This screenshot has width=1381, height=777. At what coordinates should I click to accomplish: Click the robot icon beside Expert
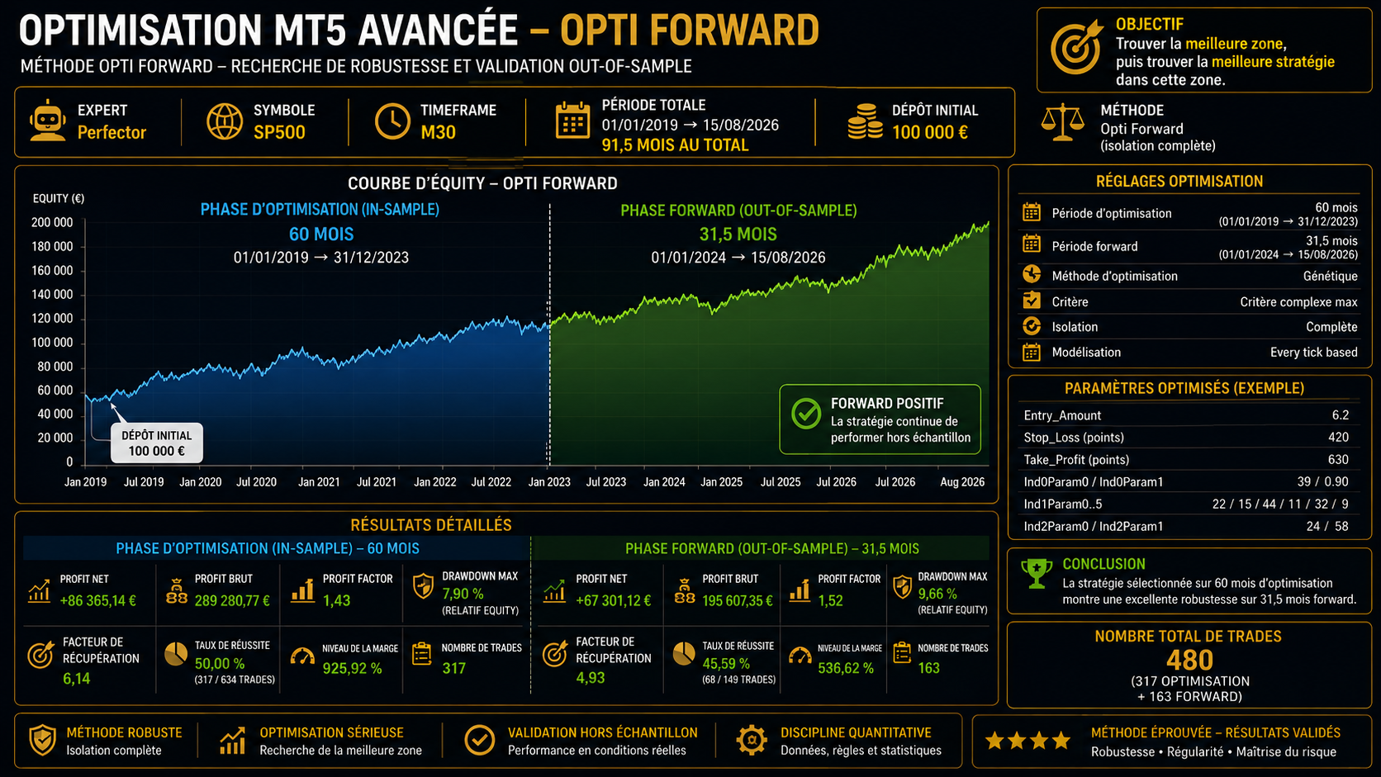[x=47, y=121]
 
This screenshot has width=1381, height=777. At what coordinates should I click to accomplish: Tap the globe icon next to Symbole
[x=225, y=121]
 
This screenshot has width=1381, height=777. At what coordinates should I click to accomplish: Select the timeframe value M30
[x=438, y=132]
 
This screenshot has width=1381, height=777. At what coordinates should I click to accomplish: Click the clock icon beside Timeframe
[x=392, y=121]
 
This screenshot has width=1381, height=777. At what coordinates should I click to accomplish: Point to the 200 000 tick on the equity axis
[x=52, y=222]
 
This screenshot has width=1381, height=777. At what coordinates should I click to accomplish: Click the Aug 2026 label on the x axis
[x=961, y=482]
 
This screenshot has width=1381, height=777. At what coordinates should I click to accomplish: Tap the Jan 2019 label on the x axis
[x=85, y=482]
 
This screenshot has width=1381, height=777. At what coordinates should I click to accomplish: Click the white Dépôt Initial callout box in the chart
[x=157, y=443]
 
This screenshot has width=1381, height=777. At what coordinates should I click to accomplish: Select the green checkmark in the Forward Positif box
[x=806, y=414]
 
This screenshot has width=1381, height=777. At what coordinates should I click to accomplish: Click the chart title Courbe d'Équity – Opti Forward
[x=482, y=183]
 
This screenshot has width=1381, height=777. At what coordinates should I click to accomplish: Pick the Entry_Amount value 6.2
[x=1341, y=415]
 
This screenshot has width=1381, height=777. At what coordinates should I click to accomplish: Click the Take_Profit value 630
[x=1338, y=460]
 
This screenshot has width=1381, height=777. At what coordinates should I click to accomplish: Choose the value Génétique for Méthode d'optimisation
[x=1330, y=276]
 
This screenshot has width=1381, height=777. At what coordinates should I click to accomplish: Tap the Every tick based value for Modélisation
[x=1313, y=353]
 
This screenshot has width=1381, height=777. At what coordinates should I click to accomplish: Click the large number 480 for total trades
[x=1189, y=661]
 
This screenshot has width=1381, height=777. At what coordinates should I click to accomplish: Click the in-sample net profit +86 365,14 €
[x=97, y=601]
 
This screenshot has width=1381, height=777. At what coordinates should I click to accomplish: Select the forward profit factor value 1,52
[x=830, y=601]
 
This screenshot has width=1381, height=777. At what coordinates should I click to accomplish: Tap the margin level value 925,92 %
[x=352, y=669]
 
